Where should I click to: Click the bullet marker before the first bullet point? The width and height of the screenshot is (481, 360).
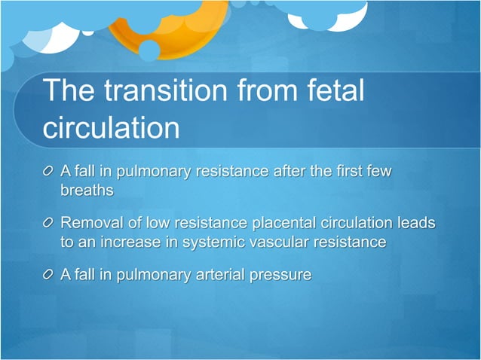coord(48,173)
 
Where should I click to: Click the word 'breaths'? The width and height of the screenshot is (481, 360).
coord(87,190)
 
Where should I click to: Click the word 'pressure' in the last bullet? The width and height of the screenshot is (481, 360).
coord(279,276)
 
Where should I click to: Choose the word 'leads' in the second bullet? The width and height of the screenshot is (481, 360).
coord(418,224)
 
